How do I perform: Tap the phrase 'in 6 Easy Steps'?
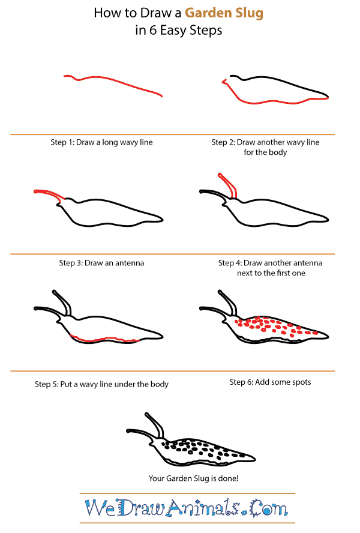click(179, 31)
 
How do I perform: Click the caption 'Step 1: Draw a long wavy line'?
click(101, 142)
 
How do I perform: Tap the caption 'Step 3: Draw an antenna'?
click(101, 263)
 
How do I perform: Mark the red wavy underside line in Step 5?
click(105, 340)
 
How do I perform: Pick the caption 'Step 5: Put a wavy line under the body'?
click(101, 384)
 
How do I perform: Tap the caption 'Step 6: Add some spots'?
click(270, 382)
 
